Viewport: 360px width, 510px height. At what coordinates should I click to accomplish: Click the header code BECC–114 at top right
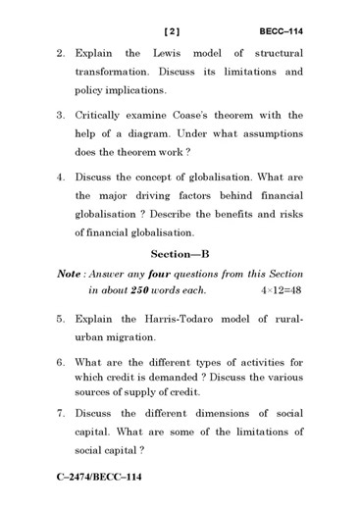tap(281, 30)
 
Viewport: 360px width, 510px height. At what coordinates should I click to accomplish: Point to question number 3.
tap(60, 115)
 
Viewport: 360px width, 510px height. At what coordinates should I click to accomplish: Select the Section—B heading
tap(180, 253)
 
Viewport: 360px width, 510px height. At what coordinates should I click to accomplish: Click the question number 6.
tap(60, 362)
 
